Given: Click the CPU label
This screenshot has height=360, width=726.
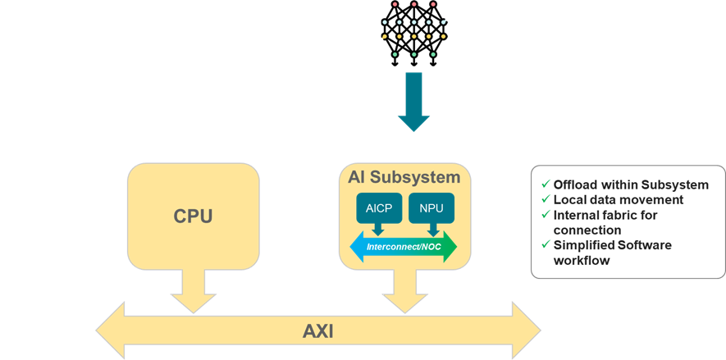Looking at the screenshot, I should [x=193, y=216].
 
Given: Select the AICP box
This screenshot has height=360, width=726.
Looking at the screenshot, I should [x=379, y=208].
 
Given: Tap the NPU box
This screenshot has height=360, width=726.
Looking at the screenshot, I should [x=431, y=208].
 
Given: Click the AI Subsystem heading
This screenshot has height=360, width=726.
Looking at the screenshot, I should [x=404, y=177].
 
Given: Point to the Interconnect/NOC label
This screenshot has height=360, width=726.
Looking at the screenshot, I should [x=403, y=246].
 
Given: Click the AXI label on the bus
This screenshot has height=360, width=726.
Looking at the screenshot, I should [x=318, y=332].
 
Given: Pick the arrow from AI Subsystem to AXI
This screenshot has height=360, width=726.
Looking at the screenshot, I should [x=403, y=291].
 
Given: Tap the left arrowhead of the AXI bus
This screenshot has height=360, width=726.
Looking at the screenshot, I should [x=111, y=331].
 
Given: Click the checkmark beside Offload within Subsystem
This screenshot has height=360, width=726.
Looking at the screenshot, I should [x=545, y=185].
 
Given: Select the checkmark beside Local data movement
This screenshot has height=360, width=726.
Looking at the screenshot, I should [x=545, y=199].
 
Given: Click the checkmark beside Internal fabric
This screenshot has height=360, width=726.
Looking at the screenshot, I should [x=545, y=215].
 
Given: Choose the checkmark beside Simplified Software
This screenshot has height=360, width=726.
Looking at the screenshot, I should [x=545, y=245].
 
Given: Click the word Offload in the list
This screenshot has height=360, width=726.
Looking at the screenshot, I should [x=576, y=185].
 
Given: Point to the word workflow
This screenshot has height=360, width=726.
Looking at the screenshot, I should [x=583, y=261].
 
